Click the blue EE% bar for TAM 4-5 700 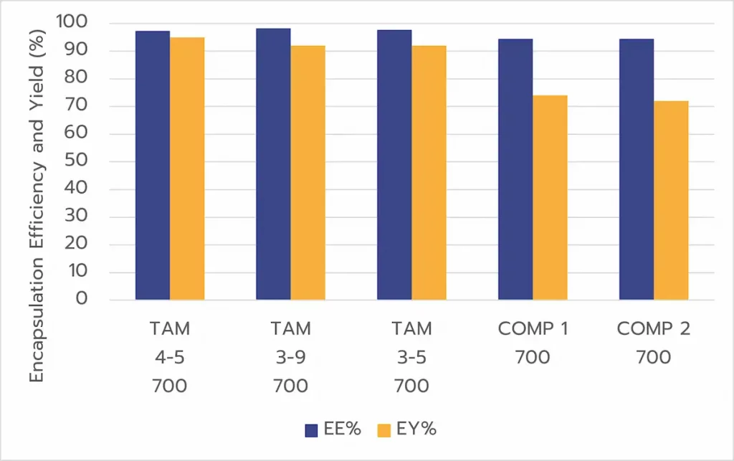point(153,165)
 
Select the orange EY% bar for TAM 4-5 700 point(187,168)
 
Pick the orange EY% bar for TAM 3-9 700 point(308,173)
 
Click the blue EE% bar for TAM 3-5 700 point(394,164)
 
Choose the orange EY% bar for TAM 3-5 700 point(429,173)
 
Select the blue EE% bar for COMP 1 point(515,169)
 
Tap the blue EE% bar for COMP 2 point(637,169)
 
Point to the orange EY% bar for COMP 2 point(671,200)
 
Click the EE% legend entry point(333,429)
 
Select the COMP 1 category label point(533,329)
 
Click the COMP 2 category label point(653,329)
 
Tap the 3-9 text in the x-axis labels point(290,357)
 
